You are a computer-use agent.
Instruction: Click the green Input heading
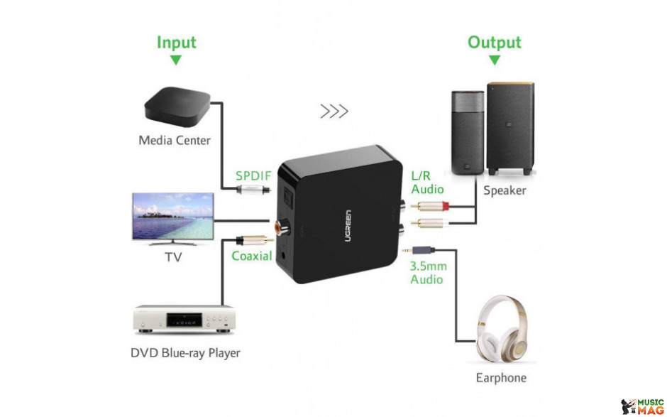click(177, 43)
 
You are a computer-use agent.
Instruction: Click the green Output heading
click(495, 42)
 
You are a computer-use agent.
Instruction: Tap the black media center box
click(177, 107)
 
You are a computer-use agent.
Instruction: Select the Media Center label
click(175, 140)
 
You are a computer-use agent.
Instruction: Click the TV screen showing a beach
click(173, 216)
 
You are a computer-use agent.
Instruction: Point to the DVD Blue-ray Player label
click(185, 353)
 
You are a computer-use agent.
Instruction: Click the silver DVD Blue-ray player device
click(184, 319)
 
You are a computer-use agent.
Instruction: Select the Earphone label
click(501, 378)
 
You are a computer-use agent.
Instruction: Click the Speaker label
click(505, 190)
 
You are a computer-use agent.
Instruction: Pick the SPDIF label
click(253, 176)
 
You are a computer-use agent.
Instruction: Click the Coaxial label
click(251, 256)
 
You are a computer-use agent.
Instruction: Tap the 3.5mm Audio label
click(428, 273)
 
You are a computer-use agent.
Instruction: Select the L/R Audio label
click(427, 183)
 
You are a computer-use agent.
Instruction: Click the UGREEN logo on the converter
click(348, 226)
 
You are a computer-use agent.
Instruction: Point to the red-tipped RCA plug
click(429, 207)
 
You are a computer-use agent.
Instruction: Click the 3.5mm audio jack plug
click(418, 250)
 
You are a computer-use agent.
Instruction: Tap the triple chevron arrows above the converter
click(334, 111)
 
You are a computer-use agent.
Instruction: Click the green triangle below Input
click(176, 60)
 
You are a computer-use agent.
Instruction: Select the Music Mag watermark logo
click(642, 406)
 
